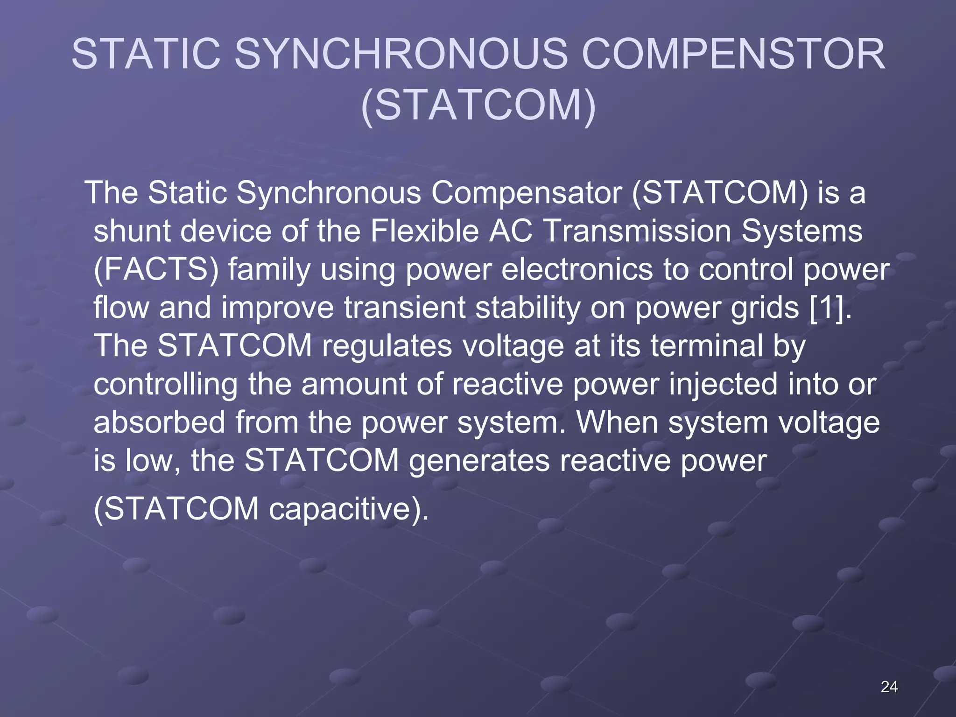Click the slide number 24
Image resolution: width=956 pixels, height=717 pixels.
tap(889, 687)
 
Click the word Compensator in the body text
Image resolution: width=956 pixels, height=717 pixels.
tap(526, 192)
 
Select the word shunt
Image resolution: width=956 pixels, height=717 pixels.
tap(132, 231)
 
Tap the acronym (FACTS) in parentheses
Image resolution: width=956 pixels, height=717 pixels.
tap(156, 270)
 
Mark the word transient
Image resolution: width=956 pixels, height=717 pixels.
tap(405, 308)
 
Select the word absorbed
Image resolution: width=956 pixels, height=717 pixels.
tap(159, 422)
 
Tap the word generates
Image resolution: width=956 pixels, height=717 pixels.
tap(479, 461)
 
